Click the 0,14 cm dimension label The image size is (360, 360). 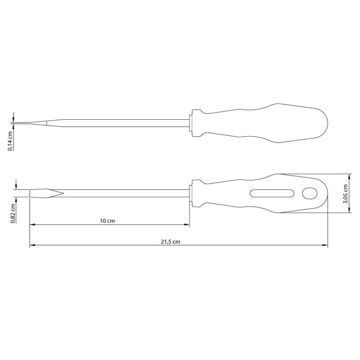pos(10,141)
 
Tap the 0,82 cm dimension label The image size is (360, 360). pos(13,213)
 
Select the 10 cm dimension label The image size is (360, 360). pos(107,221)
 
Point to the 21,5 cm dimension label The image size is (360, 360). pos(171,242)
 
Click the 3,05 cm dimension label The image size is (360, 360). pos(345,194)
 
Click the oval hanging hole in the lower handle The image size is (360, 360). pos(310,193)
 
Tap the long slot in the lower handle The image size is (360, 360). pos(272,193)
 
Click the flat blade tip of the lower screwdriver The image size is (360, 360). pos(46,193)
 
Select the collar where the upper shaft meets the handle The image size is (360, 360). pos(191,123)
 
